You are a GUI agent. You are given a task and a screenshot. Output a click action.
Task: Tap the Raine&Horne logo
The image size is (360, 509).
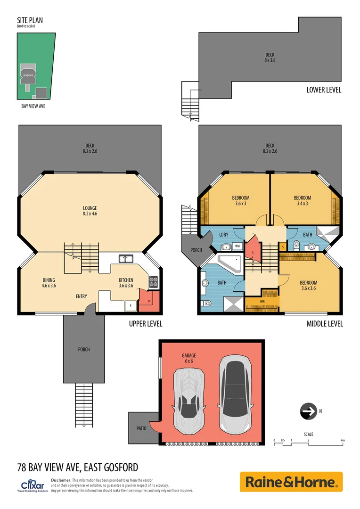[x=291, y=482]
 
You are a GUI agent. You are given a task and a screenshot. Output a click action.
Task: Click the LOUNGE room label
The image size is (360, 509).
[x=90, y=211]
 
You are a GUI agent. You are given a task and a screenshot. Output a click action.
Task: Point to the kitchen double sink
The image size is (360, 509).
[x=126, y=258]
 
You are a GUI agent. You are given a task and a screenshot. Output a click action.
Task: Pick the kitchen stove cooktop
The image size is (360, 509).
[x=154, y=281]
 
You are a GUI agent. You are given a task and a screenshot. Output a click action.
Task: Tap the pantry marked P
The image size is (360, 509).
[x=150, y=301]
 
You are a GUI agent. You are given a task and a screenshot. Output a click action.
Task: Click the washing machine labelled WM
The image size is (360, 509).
[x=237, y=246]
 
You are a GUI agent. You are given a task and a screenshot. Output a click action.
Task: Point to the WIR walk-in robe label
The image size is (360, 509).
[x=262, y=301]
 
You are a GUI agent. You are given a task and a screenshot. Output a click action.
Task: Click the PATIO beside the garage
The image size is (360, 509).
[x=141, y=428]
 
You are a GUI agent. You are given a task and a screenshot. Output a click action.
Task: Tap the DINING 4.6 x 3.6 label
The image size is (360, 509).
[x=49, y=282]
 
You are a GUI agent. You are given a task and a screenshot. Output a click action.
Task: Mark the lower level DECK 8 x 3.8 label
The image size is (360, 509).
[x=270, y=57]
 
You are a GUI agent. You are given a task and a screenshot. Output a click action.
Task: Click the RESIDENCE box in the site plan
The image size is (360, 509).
[x=28, y=75]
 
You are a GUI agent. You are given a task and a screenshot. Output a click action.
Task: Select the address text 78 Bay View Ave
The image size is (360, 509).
[x=78, y=468]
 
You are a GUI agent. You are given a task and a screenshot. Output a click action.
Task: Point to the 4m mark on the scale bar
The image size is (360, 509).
[x=343, y=440]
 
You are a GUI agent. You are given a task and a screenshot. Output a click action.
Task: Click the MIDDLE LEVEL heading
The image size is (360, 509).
[x=325, y=324]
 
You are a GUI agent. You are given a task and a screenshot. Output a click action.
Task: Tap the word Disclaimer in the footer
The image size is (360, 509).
[x=61, y=479]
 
